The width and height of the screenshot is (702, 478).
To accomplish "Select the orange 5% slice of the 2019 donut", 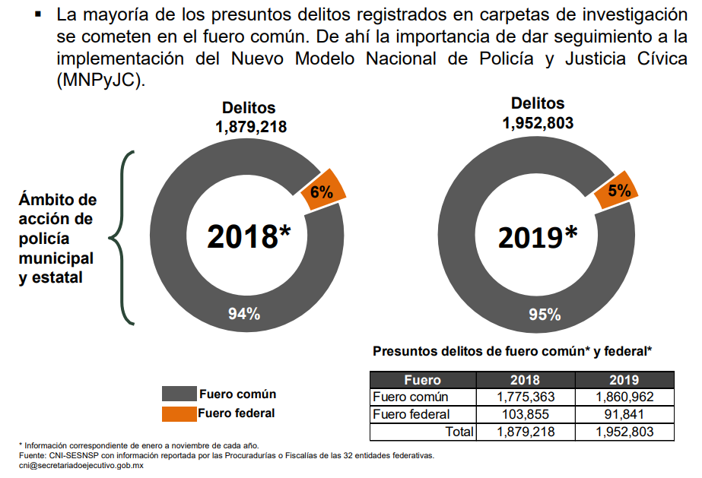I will click(x=617, y=190).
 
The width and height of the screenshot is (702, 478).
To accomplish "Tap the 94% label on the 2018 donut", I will click(x=244, y=312).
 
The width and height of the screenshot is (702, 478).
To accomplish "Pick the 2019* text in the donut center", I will click(x=538, y=238).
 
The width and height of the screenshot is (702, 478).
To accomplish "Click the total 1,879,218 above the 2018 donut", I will click(x=251, y=127).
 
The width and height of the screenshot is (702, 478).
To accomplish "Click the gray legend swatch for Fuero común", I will click(x=178, y=394).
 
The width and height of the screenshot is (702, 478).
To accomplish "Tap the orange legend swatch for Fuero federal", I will click(x=178, y=414).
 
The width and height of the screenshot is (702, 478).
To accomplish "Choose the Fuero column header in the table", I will click(x=422, y=379).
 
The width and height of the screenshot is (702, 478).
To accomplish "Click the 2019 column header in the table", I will click(x=624, y=379).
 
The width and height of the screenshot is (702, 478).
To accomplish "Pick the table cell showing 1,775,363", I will click(x=526, y=397).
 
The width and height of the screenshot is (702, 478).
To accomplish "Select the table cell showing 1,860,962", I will click(x=624, y=397).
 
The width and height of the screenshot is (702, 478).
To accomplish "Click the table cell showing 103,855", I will click(x=526, y=414).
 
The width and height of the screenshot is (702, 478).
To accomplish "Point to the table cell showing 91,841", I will click(x=624, y=414).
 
